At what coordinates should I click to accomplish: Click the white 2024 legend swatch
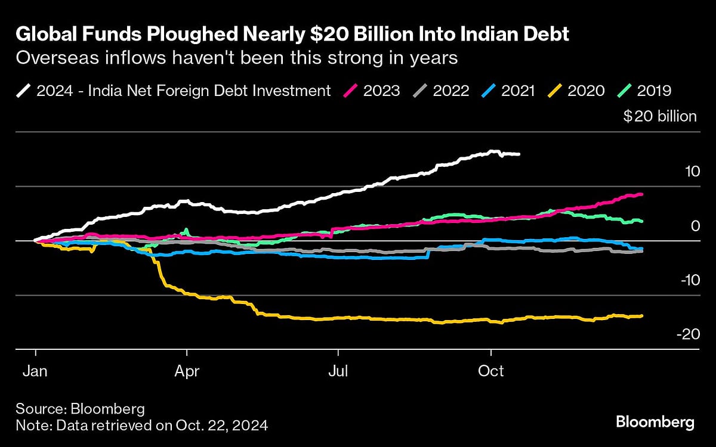tap(24, 91)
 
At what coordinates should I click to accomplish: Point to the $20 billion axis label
tap(660, 116)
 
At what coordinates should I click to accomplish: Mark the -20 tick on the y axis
tap(687, 334)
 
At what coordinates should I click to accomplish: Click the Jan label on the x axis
tap(36, 371)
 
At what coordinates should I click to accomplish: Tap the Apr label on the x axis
tap(187, 371)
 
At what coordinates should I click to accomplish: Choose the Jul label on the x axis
tap(338, 371)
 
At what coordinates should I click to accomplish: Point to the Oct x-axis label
tap(490, 371)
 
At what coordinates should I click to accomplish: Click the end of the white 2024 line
tap(519, 154)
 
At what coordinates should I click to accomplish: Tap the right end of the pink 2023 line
tap(641, 194)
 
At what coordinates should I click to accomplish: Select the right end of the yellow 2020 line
tap(641, 316)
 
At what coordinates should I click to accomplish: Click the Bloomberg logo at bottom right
tap(655, 423)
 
